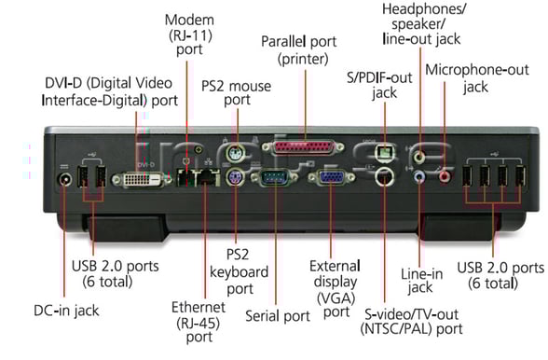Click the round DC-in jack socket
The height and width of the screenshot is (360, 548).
click(x=65, y=180)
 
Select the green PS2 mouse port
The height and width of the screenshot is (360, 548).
click(x=237, y=156)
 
